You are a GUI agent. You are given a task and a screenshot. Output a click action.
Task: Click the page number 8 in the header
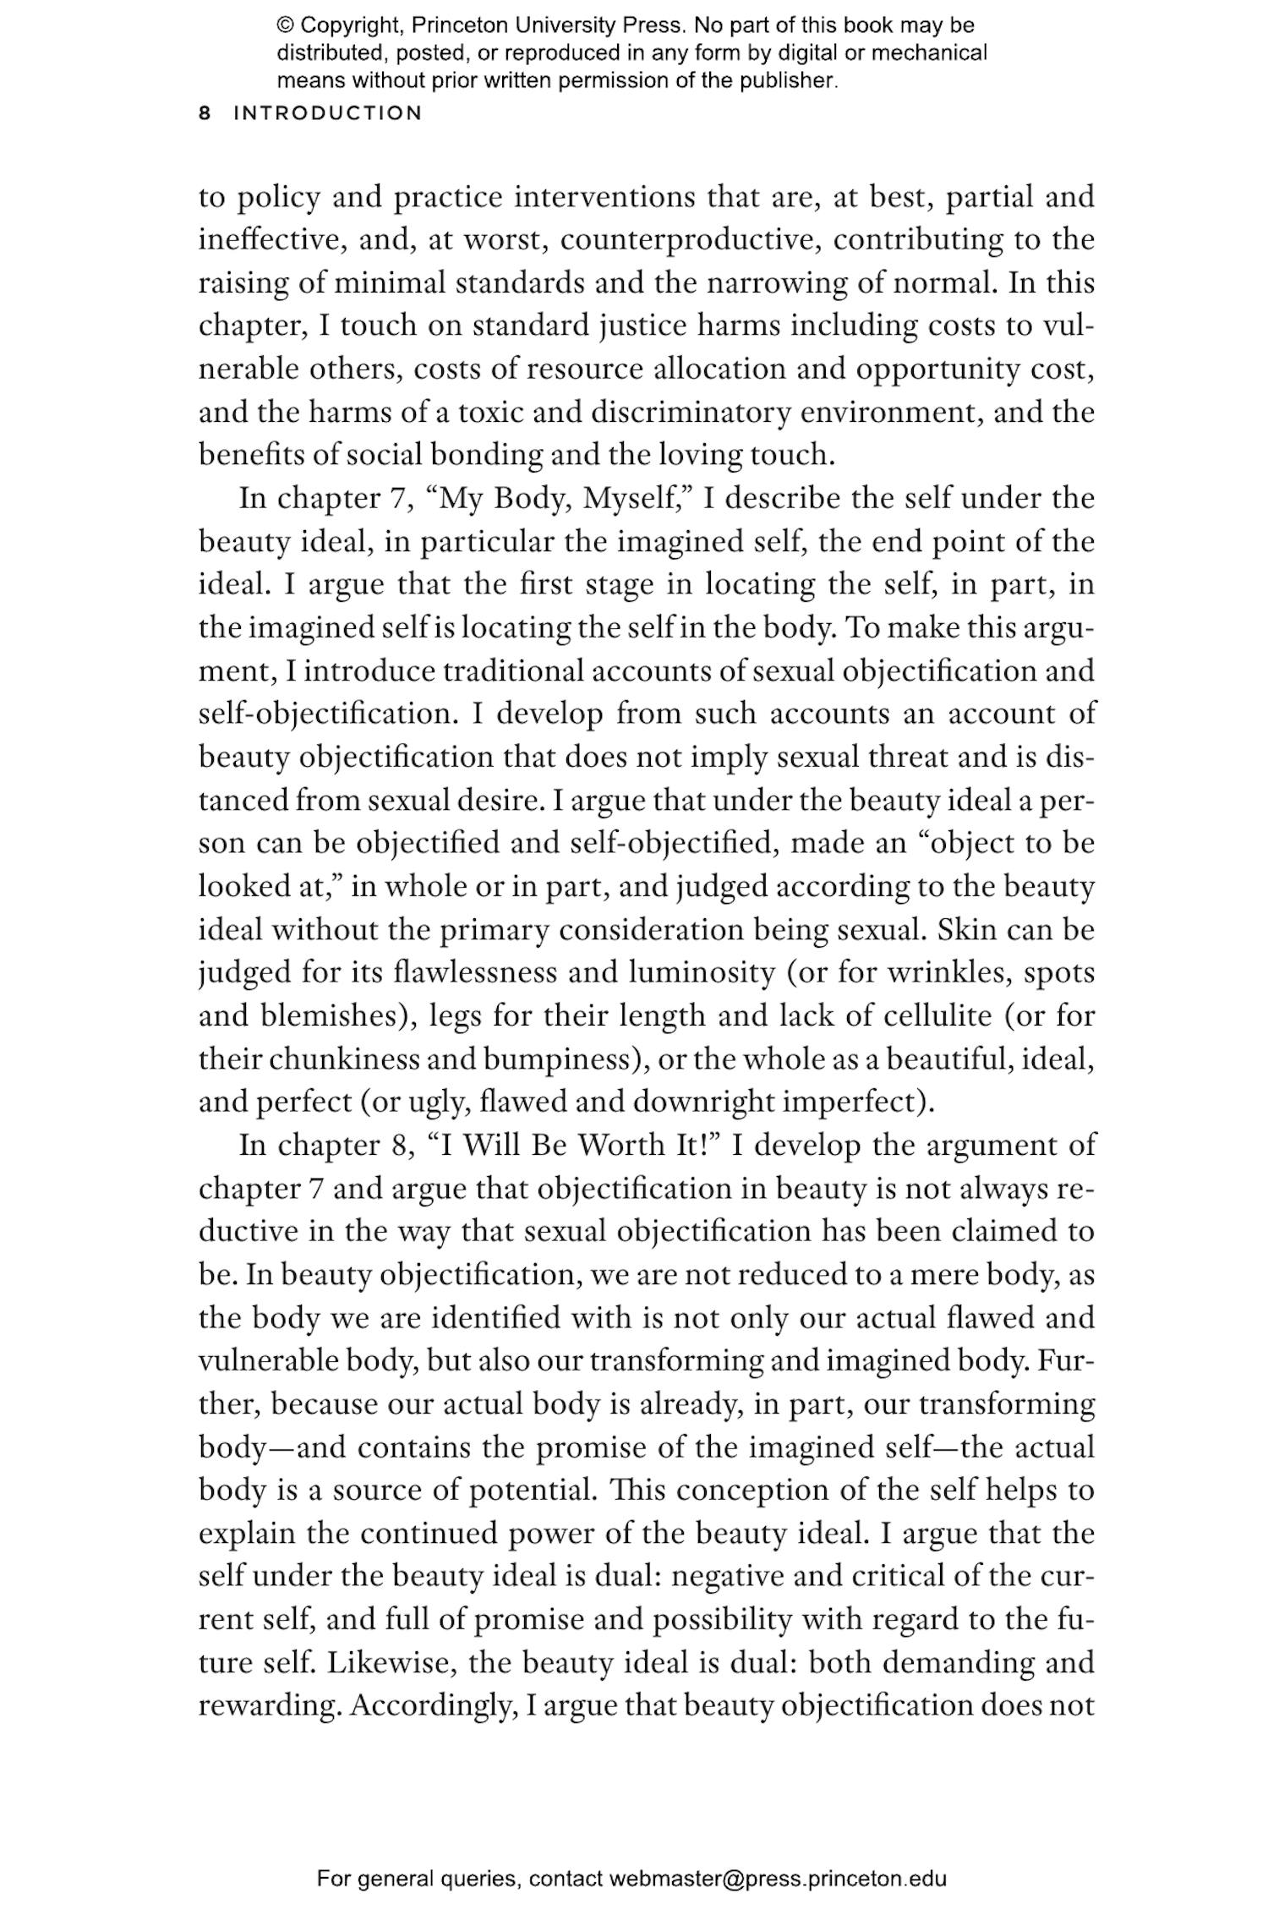tap(204, 113)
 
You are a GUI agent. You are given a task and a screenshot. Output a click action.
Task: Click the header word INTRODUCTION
tap(327, 113)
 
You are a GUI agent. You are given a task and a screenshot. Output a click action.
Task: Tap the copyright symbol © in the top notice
tap(284, 25)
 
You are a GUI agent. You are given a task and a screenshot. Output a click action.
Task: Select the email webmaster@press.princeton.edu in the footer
tap(777, 1879)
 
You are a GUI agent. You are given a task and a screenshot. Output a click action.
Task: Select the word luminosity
tap(701, 972)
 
